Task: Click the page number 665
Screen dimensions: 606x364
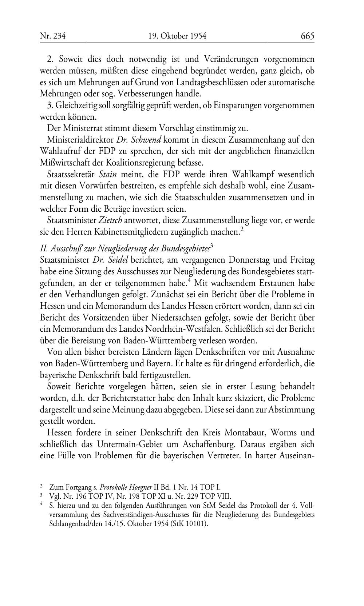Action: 307,36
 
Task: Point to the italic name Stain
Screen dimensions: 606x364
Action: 108,175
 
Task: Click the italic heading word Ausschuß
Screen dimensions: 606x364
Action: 67,248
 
